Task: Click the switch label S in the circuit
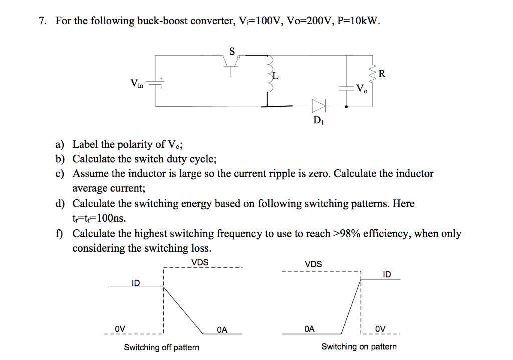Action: pyautogui.click(x=231, y=50)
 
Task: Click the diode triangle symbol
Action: pyautogui.click(x=318, y=106)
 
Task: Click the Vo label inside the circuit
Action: pyautogui.click(x=362, y=90)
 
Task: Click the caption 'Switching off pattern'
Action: pyautogui.click(x=161, y=347)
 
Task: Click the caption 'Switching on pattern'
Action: pyautogui.click(x=358, y=346)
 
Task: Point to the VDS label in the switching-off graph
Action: pyautogui.click(x=200, y=263)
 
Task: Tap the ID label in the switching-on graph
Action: pyautogui.click(x=387, y=274)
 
